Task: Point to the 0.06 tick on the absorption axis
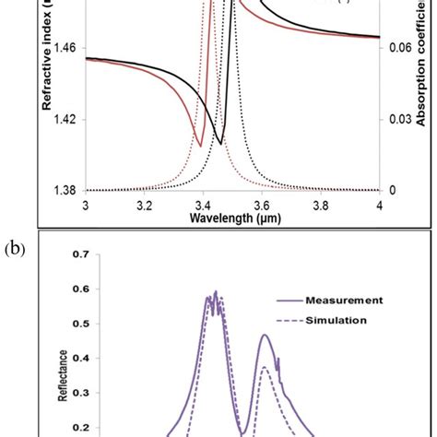(x=397, y=48)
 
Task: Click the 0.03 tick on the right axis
(x=397, y=119)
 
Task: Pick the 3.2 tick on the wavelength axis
(x=145, y=204)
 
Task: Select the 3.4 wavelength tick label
(x=204, y=204)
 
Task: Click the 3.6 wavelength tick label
(x=263, y=204)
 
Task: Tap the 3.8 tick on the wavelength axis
(x=322, y=204)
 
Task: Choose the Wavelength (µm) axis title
(x=232, y=218)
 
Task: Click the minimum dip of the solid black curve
(x=219, y=143)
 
